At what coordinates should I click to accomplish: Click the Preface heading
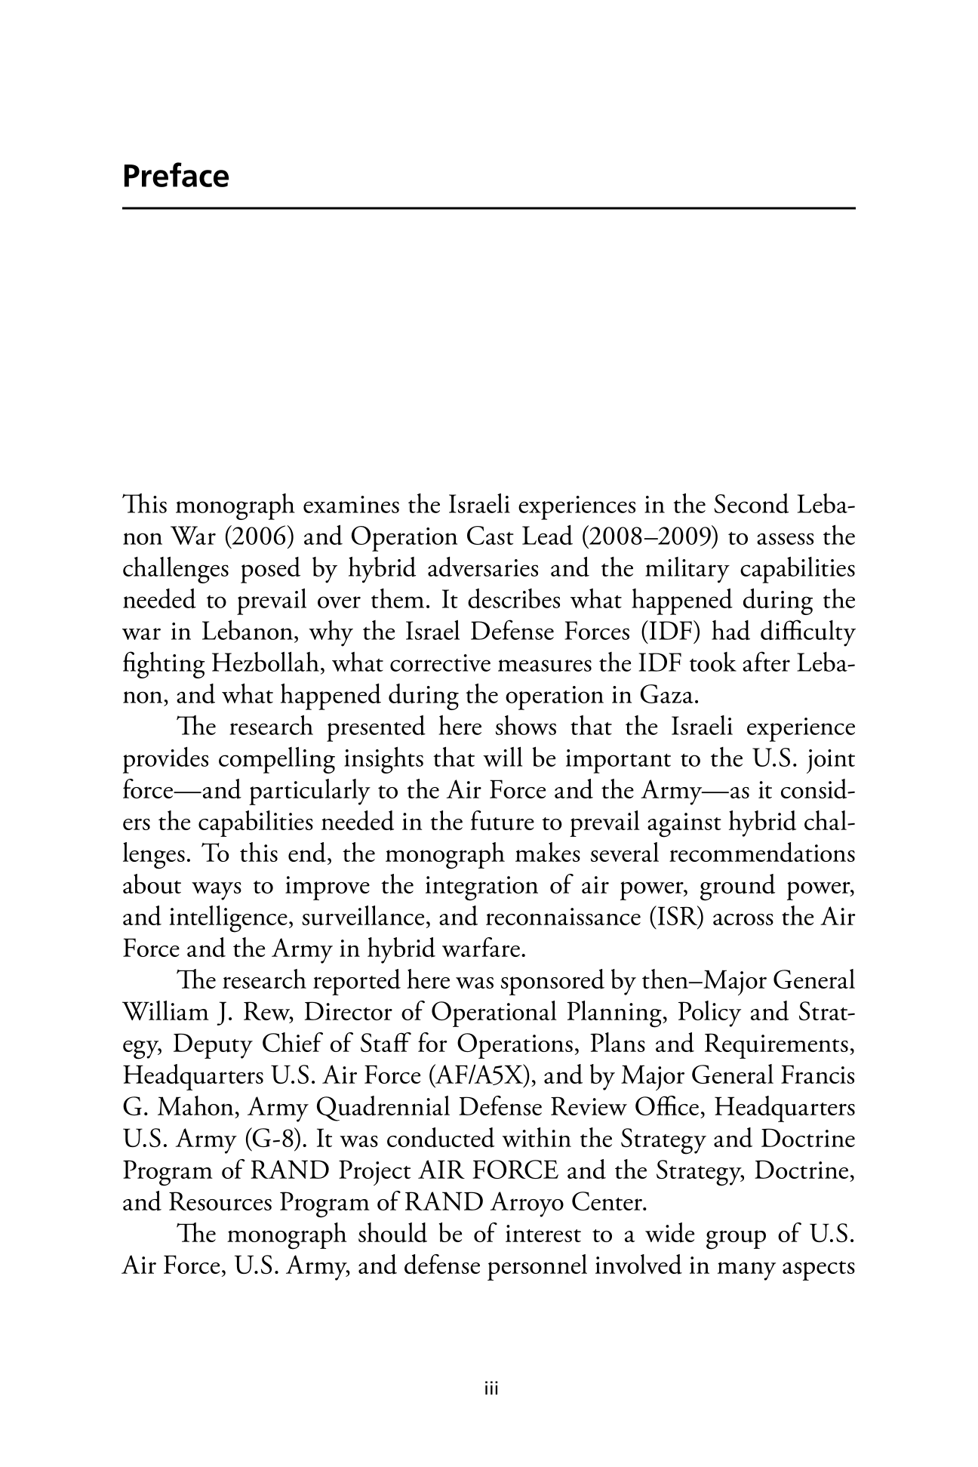click(175, 177)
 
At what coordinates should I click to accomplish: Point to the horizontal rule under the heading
click(488, 208)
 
